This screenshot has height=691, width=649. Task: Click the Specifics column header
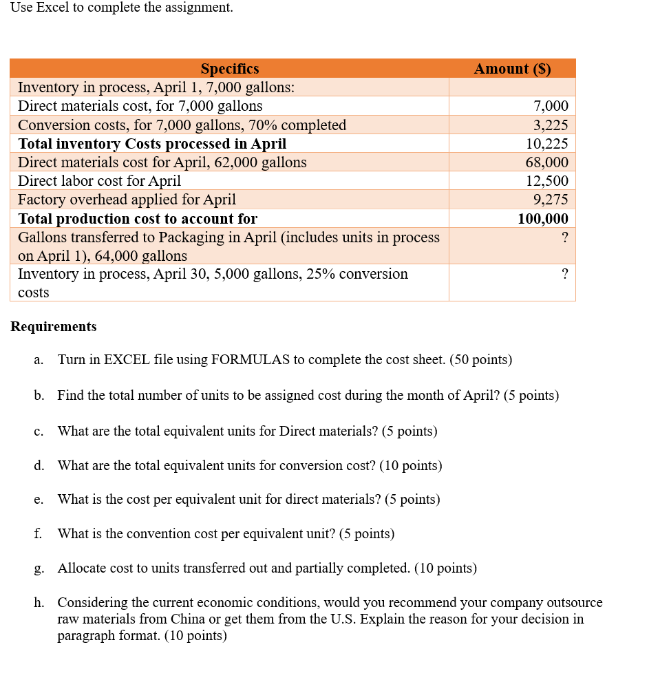pos(230,69)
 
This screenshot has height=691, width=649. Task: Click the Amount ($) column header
pos(512,69)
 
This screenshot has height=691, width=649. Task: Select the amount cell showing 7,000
pos(551,106)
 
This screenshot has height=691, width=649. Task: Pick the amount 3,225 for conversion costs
pos(551,125)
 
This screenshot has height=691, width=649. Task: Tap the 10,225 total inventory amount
pos(547,144)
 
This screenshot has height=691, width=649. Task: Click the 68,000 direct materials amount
pos(547,162)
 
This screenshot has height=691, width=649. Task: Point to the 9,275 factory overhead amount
pos(551,200)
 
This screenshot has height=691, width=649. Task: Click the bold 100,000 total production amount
pos(543,219)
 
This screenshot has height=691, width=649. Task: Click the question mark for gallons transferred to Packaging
pos(564,237)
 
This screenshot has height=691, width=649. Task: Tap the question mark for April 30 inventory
pos(564,274)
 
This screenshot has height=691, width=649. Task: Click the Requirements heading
pos(54,326)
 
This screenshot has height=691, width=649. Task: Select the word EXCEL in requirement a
pos(127,360)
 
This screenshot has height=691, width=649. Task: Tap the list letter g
pos(38,568)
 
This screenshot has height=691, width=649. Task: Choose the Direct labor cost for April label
pos(99,181)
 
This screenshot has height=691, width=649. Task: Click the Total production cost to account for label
pos(138,219)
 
